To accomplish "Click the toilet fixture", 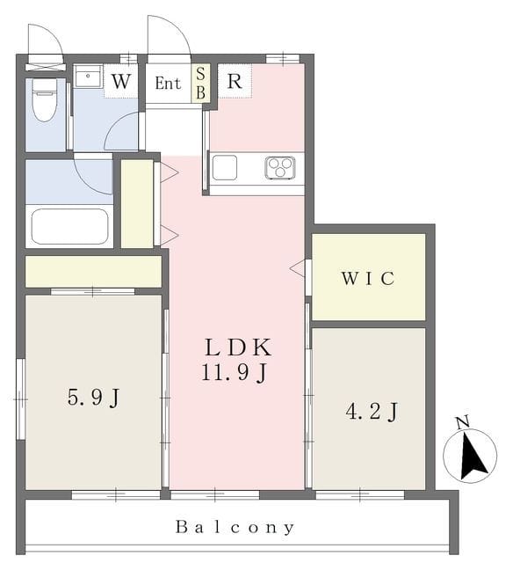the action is click(45, 99).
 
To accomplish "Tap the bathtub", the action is click(69, 226).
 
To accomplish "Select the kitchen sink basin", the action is click(225, 167).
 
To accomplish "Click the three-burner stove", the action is click(280, 167).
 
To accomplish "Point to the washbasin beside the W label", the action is click(88, 76).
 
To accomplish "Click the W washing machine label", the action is click(120, 82).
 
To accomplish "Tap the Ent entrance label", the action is click(168, 84).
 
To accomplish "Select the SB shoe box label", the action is click(201, 84).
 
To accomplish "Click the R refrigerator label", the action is click(235, 82).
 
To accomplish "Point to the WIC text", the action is click(368, 278).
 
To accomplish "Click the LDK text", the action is click(238, 347).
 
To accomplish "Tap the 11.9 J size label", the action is click(234, 372).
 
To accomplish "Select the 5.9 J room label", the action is click(93, 398).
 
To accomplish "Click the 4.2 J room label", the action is click(372, 412).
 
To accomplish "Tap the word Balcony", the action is click(235, 527).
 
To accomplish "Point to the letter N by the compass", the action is click(463, 422).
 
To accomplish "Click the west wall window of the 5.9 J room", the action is click(21, 398).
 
